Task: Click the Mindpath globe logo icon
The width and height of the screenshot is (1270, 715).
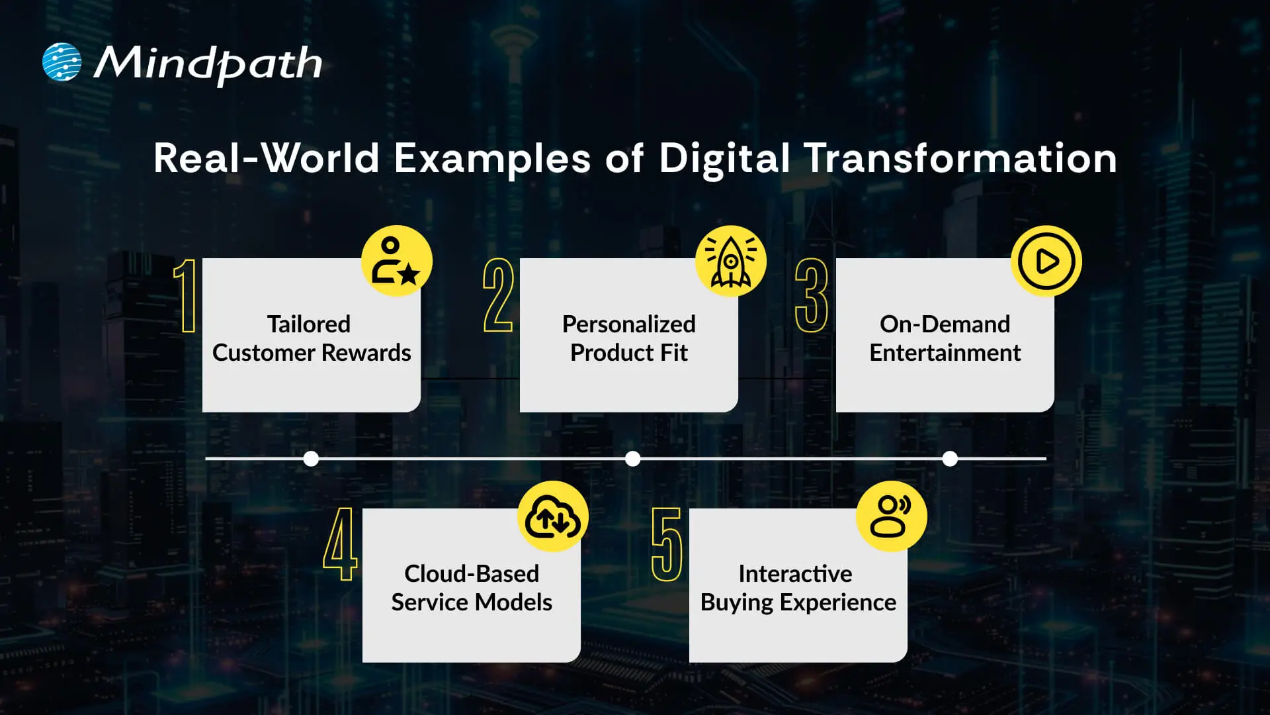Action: coord(62,62)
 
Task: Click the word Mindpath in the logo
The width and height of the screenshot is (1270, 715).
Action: coord(208,64)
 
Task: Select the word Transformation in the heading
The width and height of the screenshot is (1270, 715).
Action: coord(960,159)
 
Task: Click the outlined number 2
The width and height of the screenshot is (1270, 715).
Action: coord(498,295)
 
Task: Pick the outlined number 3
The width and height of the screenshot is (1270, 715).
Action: coord(812,295)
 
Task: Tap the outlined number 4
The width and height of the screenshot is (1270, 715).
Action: coord(340,544)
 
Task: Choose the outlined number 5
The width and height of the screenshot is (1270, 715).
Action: coord(667,544)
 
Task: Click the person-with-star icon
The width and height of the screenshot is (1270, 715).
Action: coord(396,262)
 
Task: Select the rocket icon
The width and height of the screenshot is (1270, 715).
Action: coord(730,262)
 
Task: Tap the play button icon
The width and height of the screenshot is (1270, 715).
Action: coord(1046,262)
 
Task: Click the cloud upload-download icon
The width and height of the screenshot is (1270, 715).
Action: coord(552,517)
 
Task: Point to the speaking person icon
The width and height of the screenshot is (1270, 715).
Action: coord(891,517)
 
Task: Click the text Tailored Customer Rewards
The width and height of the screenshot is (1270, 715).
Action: coord(312,338)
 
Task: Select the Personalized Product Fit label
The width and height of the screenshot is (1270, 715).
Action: coord(629,338)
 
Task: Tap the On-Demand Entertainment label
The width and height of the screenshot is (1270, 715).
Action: coord(945,338)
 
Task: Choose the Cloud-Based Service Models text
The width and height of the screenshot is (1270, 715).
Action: coord(472,588)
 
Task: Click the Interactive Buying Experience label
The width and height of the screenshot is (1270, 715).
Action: coord(798,588)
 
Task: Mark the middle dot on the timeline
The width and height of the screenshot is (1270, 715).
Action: coord(632,458)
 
